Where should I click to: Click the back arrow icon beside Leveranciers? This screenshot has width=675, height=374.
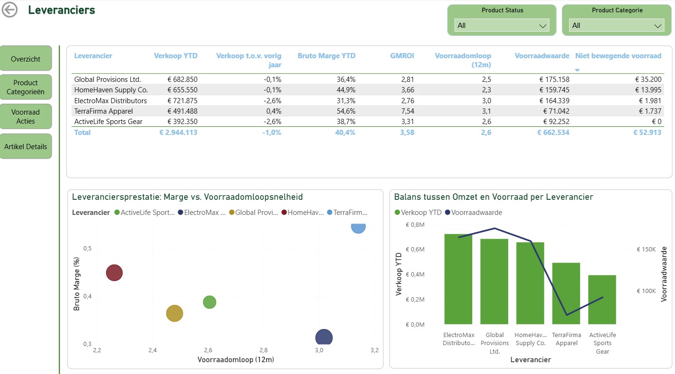coord(9,10)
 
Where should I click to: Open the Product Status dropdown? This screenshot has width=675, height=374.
coord(502,26)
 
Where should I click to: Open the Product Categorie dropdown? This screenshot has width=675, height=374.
coord(616,26)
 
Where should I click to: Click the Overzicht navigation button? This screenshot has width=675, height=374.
coord(26,59)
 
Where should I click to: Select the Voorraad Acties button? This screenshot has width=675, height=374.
coord(26,116)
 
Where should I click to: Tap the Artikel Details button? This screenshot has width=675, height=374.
coord(26,147)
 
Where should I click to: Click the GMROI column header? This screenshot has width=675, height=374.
coord(402,56)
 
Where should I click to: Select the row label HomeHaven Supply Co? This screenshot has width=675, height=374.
coord(111,90)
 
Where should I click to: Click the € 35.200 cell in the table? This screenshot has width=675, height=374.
coord(648,80)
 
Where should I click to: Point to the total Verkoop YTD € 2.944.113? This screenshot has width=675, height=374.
coord(178,133)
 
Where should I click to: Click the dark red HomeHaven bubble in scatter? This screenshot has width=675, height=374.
coord(114,273)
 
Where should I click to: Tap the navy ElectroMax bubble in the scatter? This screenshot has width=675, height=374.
coord(324,338)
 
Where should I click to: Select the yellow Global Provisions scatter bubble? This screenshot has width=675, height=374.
coord(175,313)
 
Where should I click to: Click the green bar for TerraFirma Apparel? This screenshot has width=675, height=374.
coord(566,294)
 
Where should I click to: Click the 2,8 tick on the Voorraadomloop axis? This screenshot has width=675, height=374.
coord(263,350)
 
